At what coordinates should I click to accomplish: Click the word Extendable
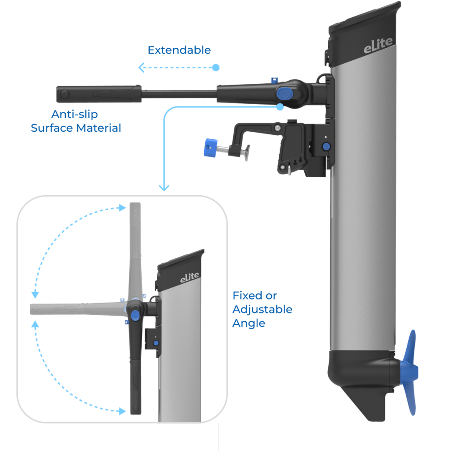[x=179, y=50]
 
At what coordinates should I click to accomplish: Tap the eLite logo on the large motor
[x=378, y=46]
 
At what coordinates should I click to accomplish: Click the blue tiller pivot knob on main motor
[x=284, y=93]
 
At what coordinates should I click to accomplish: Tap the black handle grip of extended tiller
[x=98, y=94]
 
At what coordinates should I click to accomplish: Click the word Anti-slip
[x=75, y=114]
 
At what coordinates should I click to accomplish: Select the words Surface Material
[x=76, y=128]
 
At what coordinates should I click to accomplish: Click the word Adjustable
[x=262, y=309]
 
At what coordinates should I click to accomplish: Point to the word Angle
[x=249, y=323]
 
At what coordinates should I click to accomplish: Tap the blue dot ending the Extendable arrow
[x=216, y=68]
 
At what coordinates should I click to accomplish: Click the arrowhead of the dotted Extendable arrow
[x=141, y=68]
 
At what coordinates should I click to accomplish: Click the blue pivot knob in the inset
[x=135, y=314]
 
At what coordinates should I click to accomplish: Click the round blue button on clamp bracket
[x=325, y=147]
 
